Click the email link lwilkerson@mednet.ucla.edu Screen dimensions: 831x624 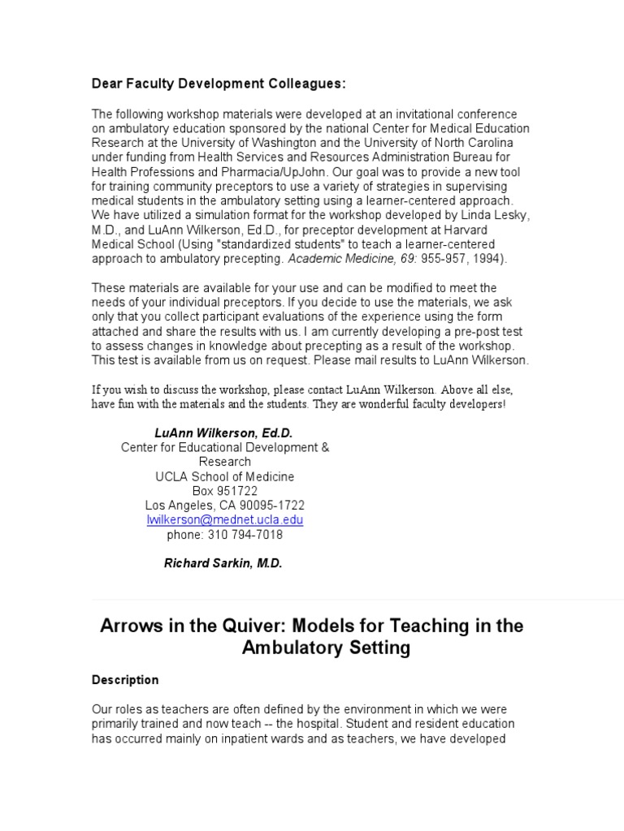pos(224,519)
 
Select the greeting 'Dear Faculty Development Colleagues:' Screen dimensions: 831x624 pos(219,84)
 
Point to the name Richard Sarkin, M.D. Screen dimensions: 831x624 pos(223,564)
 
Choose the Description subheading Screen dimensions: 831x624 pos(125,680)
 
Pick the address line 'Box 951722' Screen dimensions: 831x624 pos(225,491)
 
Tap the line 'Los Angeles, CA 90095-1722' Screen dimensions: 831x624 pos(225,506)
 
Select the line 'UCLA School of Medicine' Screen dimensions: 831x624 pos(225,476)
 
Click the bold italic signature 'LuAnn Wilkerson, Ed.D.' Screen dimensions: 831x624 pos(223,433)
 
